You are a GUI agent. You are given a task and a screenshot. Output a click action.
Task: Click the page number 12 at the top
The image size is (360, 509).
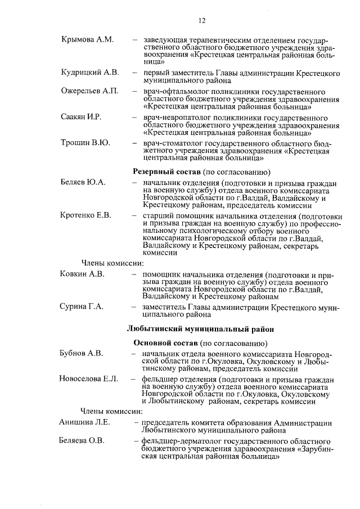(x=202, y=21)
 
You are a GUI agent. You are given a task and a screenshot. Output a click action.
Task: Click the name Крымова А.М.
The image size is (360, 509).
(x=87, y=39)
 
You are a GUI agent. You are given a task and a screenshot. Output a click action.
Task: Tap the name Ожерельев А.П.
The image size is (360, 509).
(x=89, y=92)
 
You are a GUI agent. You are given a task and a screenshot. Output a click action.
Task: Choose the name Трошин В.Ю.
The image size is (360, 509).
(x=85, y=143)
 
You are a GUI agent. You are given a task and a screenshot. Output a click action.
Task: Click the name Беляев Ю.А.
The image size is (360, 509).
(x=83, y=183)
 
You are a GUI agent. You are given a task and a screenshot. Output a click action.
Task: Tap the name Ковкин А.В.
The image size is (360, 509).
(x=82, y=274)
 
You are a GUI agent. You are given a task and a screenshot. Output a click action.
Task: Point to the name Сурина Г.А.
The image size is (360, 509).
(x=82, y=307)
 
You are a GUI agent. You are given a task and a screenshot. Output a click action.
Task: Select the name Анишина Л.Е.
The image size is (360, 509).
(x=84, y=422)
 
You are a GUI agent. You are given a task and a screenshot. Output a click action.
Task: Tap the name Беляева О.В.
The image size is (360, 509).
(x=82, y=440)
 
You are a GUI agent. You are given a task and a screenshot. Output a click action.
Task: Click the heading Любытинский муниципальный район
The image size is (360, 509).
(x=200, y=328)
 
